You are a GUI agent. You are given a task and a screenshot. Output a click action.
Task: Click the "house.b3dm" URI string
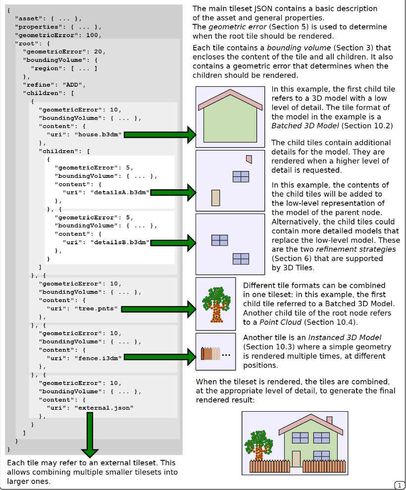(99, 134)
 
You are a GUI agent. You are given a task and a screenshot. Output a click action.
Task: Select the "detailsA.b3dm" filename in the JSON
(120, 192)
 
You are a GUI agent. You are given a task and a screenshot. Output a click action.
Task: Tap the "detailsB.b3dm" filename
(120, 242)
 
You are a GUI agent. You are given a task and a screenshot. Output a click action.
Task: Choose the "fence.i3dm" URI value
(99, 357)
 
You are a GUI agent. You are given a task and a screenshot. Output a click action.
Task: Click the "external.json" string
(103, 408)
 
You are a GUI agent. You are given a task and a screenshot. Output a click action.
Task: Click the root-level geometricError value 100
(93, 35)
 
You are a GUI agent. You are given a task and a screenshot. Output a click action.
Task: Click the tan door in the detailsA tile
(215, 197)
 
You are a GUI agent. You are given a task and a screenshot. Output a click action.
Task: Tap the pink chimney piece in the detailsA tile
(249, 159)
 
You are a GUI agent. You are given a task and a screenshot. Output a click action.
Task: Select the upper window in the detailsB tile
(219, 240)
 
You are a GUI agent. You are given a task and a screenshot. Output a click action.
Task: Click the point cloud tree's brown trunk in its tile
(216, 312)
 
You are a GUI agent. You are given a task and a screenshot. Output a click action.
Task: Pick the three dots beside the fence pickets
(226, 355)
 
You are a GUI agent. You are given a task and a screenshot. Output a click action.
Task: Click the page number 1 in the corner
(400, 485)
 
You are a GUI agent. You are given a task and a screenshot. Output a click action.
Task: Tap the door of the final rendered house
(296, 458)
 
